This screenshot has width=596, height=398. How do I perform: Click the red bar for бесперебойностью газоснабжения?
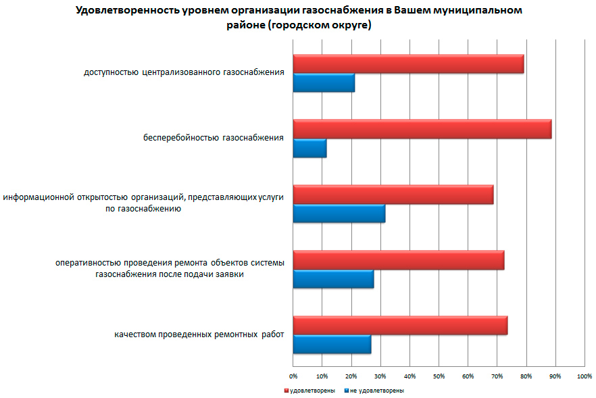[x=422, y=129]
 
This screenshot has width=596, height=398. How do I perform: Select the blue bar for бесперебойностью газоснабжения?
[x=309, y=148]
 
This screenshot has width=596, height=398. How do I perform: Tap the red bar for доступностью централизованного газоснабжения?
[x=408, y=64]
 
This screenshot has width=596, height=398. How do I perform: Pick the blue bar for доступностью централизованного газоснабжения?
[x=324, y=82]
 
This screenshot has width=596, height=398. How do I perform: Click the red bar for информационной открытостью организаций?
[x=393, y=195]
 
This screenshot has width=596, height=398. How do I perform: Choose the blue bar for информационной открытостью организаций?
[x=339, y=213]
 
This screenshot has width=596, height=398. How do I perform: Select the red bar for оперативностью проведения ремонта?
[x=398, y=260]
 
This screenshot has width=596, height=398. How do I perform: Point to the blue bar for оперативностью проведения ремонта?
[x=333, y=278]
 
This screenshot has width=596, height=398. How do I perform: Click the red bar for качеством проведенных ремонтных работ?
[x=400, y=325]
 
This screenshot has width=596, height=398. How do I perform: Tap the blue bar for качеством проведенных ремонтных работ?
[x=332, y=344]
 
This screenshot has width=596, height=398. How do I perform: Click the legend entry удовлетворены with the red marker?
[x=312, y=390]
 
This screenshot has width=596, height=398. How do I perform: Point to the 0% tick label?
[x=293, y=375]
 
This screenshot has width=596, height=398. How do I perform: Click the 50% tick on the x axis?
[x=439, y=375]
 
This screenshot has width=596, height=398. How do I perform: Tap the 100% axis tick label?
[x=584, y=375]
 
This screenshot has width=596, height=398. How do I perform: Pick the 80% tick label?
[x=526, y=375]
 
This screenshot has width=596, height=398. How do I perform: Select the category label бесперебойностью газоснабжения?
[x=213, y=138]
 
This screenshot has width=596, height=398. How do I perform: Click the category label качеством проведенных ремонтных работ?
[x=199, y=334]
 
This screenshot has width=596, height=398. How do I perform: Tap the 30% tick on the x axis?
[x=380, y=375]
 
